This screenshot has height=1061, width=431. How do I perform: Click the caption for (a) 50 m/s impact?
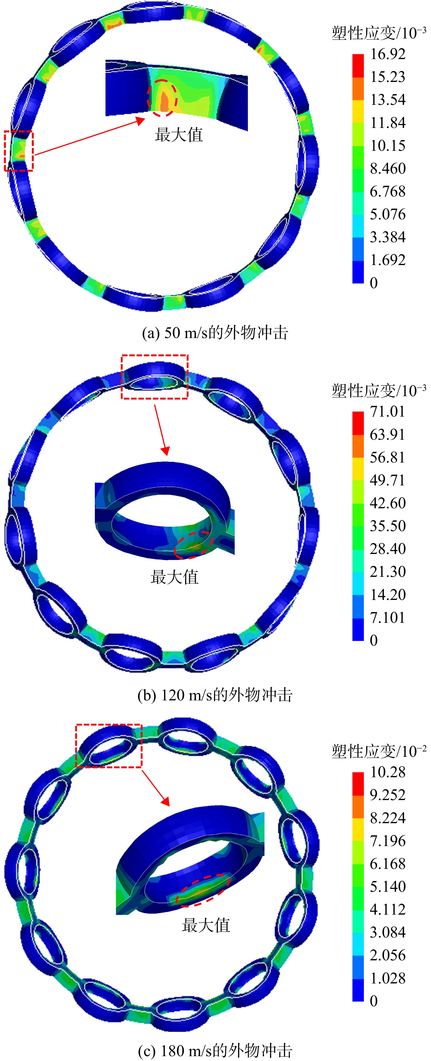(215, 333)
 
